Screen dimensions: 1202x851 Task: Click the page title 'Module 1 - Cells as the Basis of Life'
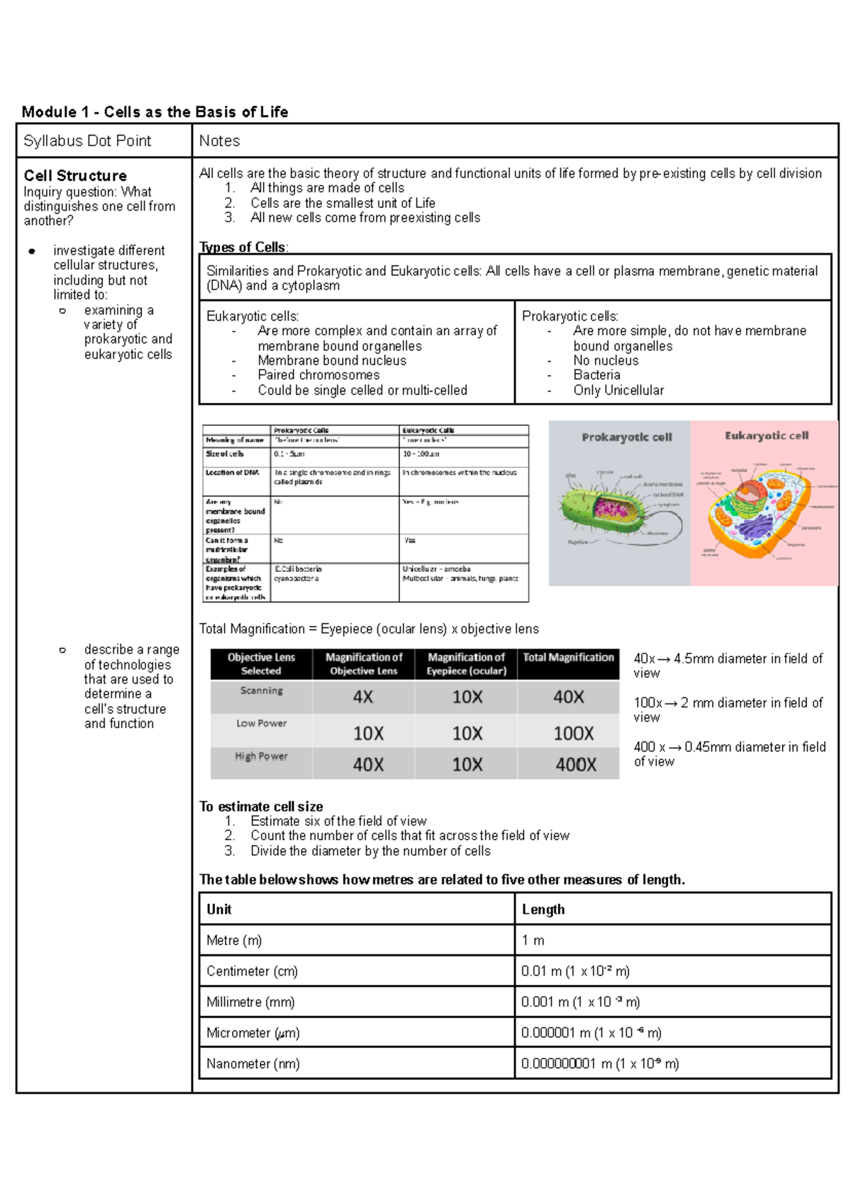coord(155,111)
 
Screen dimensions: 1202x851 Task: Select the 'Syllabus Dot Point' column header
coord(87,140)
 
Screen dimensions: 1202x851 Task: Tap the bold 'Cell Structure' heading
coord(75,175)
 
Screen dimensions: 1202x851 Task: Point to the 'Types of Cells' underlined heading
coord(243,247)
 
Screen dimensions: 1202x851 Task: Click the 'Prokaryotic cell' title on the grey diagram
coord(626,437)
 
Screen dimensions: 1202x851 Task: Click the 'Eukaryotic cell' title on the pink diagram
coord(766,436)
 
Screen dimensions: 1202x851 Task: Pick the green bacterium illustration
coord(603,505)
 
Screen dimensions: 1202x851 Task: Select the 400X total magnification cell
coord(575,764)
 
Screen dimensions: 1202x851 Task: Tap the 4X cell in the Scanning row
coord(363,697)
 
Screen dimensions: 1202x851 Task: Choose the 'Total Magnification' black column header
coord(568,658)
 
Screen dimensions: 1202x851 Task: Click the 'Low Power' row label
coord(261,723)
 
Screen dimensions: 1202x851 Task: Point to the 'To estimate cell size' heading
coord(261,806)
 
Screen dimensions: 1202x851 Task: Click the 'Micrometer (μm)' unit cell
coord(253,1032)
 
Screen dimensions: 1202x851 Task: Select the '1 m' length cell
coord(533,940)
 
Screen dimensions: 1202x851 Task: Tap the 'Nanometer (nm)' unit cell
coord(253,1064)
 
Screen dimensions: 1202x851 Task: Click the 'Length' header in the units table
coord(543,909)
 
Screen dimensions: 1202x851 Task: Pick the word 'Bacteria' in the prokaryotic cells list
coord(596,375)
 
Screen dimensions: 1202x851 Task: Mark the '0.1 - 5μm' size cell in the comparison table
coord(289,453)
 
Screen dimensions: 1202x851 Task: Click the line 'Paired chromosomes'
coord(318,375)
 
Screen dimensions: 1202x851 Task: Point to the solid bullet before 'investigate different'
coord(32,251)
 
